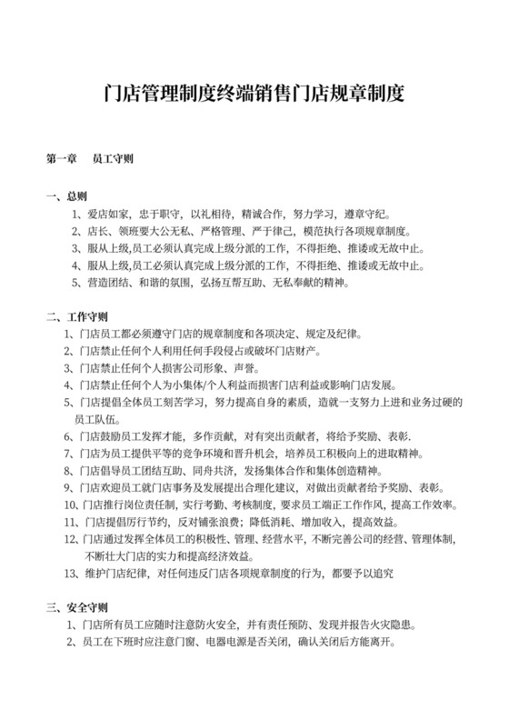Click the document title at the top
coord(254,93)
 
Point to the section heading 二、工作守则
coord(76,317)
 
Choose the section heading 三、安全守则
coord(76,608)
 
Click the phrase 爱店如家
coord(108,215)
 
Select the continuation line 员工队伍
coord(95,419)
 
